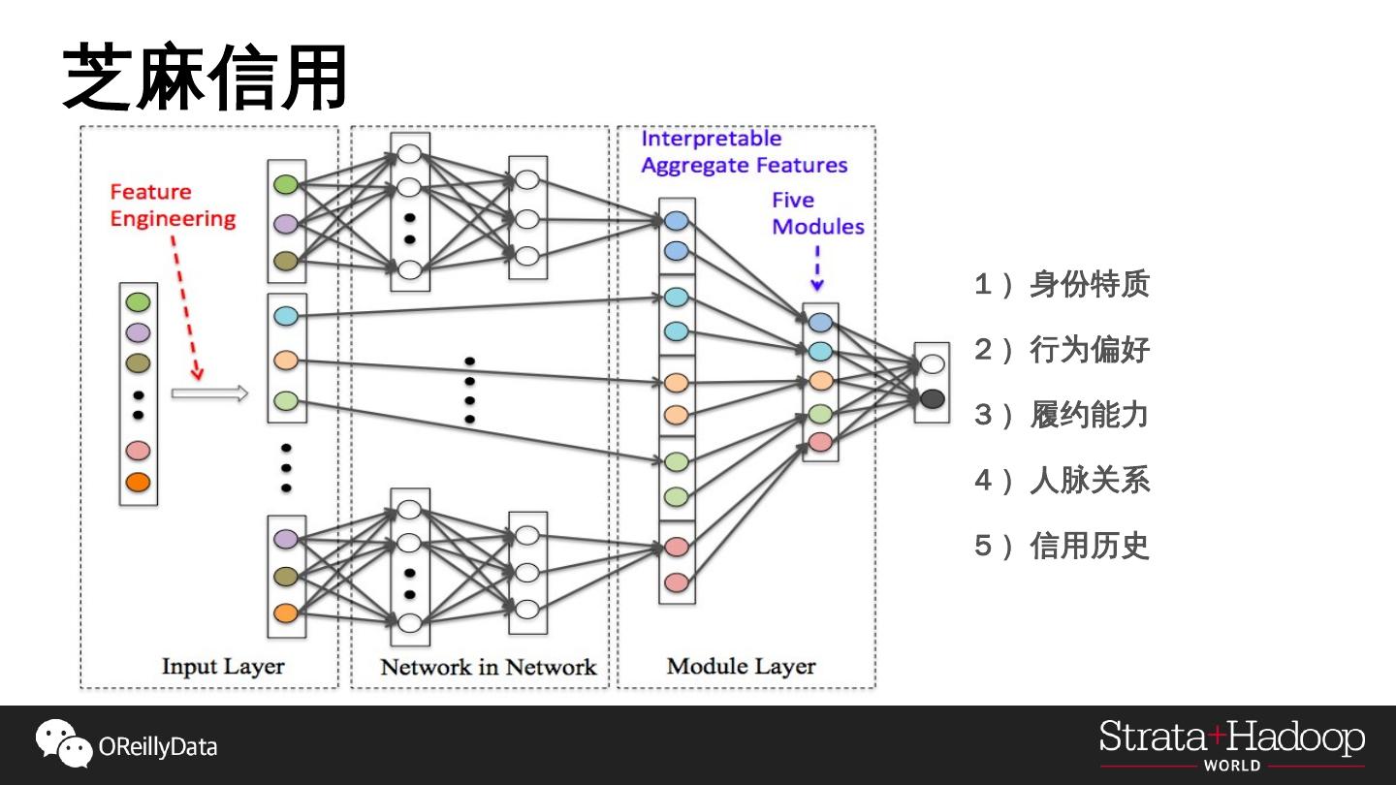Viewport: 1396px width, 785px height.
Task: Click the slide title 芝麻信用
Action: tap(205, 78)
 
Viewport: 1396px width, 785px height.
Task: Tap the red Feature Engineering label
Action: tap(173, 205)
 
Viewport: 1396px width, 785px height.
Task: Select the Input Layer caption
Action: tap(223, 667)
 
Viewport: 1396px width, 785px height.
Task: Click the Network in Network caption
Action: tap(488, 667)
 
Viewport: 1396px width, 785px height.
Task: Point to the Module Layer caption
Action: tap(741, 667)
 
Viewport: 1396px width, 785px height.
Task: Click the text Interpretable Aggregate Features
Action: tap(744, 152)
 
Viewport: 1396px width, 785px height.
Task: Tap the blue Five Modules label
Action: tap(817, 213)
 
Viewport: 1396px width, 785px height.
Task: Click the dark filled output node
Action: tap(932, 398)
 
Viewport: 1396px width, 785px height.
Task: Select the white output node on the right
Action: tap(932, 364)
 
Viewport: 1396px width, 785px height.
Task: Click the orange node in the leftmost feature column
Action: tap(138, 482)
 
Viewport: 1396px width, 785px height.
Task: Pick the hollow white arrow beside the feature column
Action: tap(209, 393)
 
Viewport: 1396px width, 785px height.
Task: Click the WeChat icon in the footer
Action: tap(64, 743)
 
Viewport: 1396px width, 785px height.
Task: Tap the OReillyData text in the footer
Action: tap(158, 747)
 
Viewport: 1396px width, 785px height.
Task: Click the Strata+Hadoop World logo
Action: tap(1231, 744)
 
